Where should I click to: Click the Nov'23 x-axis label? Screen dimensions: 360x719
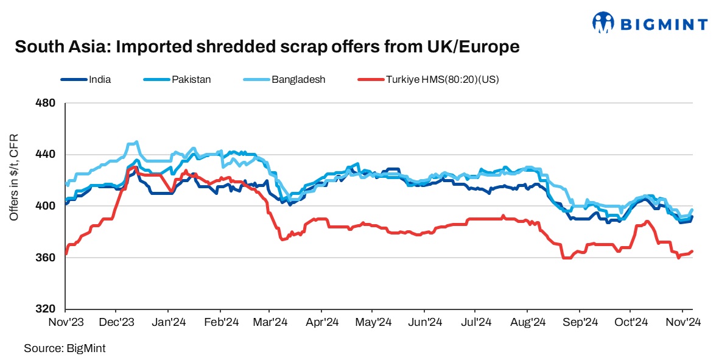(x=65, y=321)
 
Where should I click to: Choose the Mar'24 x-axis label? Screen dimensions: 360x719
(x=270, y=321)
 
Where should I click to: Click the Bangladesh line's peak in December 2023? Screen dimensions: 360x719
(x=135, y=142)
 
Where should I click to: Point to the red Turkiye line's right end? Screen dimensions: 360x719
(x=692, y=251)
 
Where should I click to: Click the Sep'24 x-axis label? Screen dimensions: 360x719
(x=579, y=321)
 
